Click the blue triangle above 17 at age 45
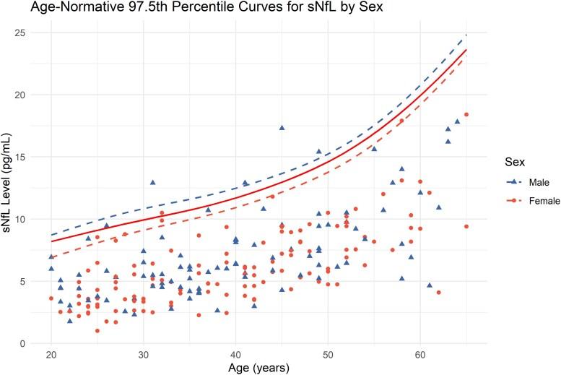coord(282,128)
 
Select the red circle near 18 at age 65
coord(466,114)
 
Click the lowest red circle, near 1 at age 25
coord(97,331)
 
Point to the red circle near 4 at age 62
coord(438,293)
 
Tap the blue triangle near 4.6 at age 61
coord(430,285)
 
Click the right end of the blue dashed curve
coord(466,35)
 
